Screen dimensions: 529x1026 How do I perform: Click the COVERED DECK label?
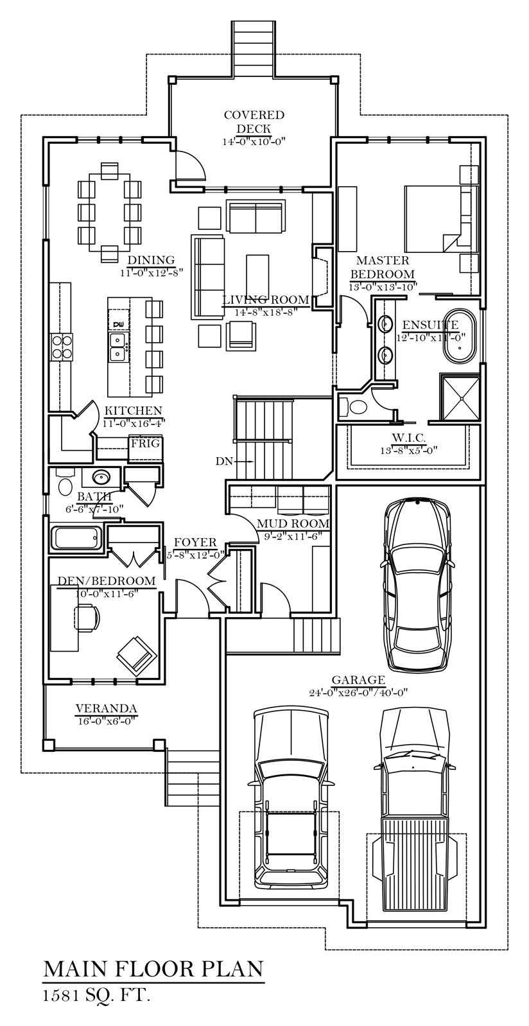[254, 121]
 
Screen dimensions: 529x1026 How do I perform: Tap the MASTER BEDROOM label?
[382, 267]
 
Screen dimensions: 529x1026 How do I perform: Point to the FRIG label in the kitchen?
[146, 443]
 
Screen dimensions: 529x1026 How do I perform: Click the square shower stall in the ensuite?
[460, 397]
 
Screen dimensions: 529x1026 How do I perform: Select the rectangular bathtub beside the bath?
[76, 538]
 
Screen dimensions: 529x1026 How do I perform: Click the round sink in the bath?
[101, 478]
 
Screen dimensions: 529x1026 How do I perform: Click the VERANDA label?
[107, 709]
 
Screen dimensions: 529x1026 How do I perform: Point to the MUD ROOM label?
[293, 523]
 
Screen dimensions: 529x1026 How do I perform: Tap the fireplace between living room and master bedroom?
[322, 277]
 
